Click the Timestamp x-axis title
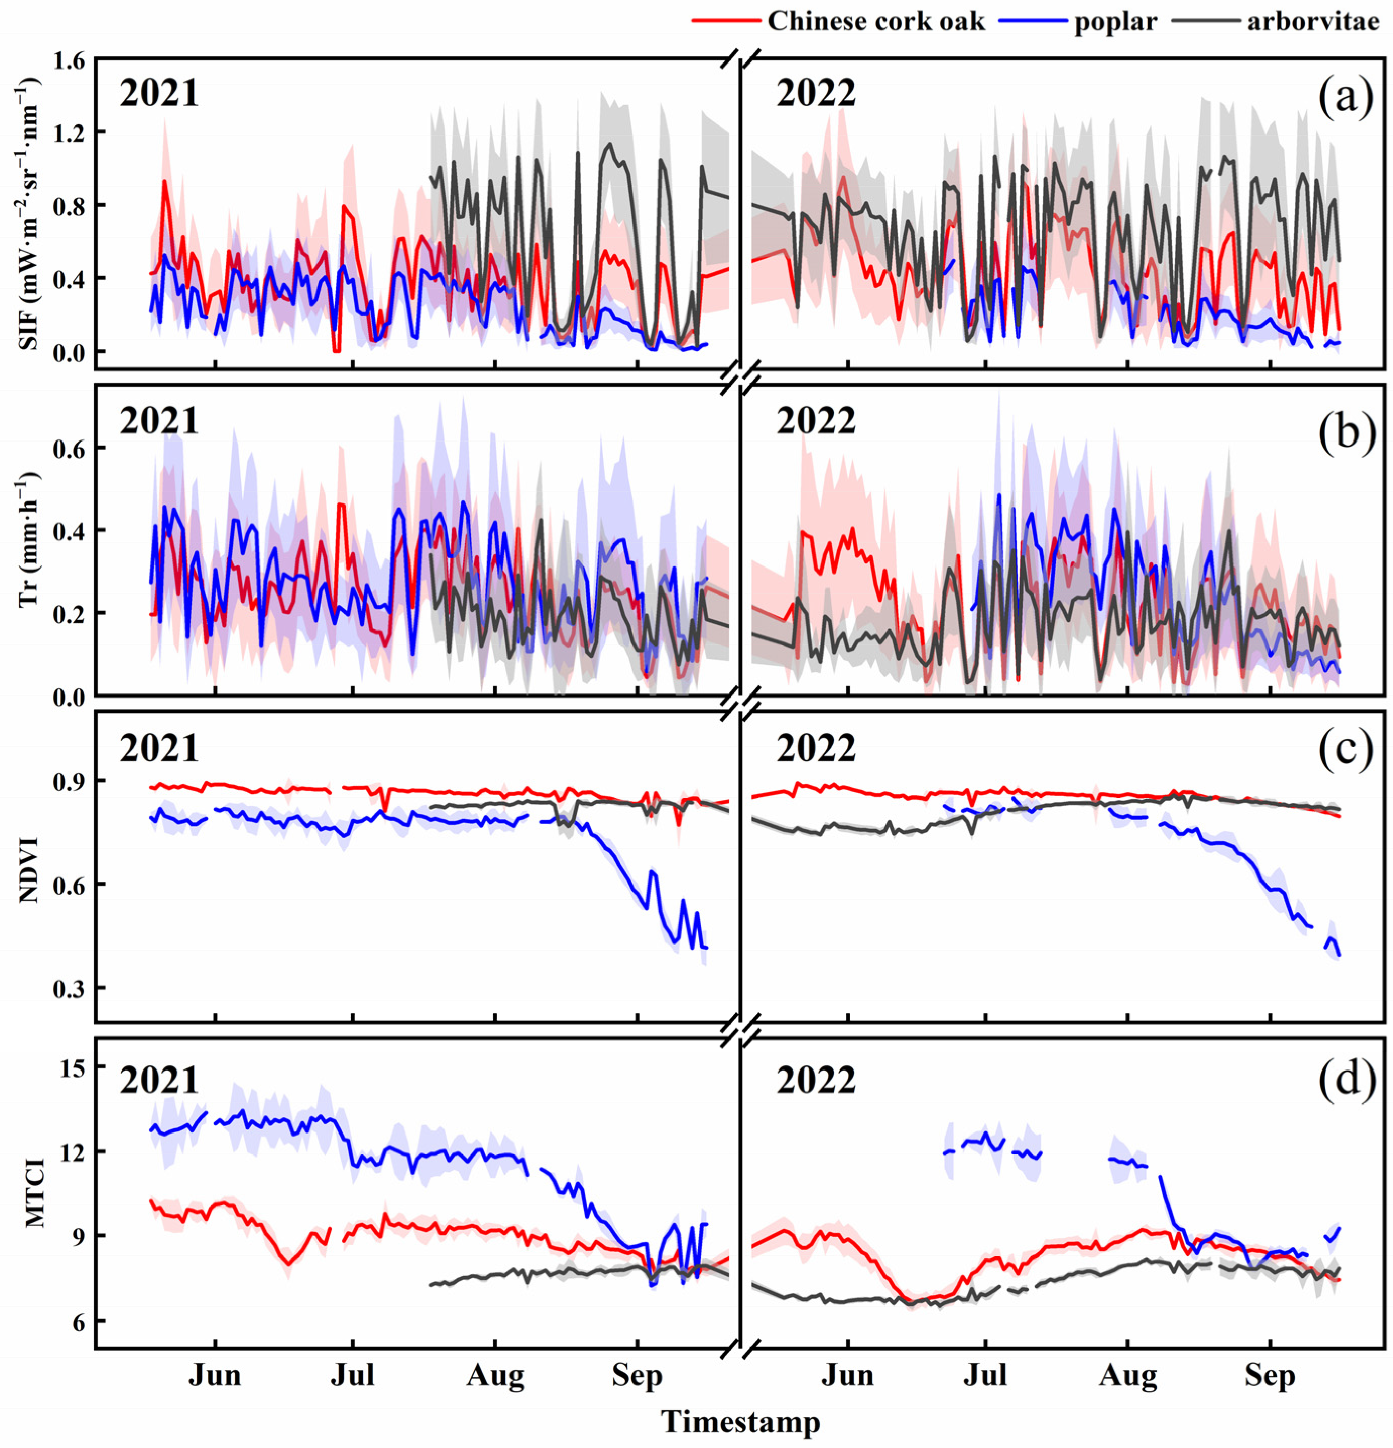(740, 1420)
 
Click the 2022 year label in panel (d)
(815, 1081)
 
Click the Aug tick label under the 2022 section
(1127, 1375)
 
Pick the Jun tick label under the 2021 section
(214, 1375)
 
